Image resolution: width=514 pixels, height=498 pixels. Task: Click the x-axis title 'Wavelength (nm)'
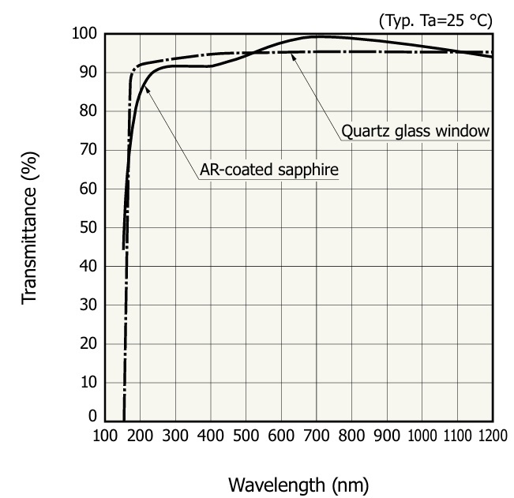[x=298, y=482]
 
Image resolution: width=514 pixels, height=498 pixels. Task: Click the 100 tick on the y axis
[x=83, y=35]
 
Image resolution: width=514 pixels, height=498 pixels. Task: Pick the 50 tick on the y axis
[x=87, y=228]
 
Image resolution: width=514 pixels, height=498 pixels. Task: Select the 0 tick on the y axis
[x=92, y=417]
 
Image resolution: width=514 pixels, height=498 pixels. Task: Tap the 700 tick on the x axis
[x=316, y=436]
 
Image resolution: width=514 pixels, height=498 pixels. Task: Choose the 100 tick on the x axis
[x=105, y=436]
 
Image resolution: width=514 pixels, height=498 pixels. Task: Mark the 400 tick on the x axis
[x=210, y=436]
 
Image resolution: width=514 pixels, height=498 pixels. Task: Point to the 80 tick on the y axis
[x=87, y=112]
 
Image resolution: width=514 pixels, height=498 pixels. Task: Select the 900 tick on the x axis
[x=386, y=436]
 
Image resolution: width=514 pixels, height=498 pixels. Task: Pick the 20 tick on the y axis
[x=87, y=344]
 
